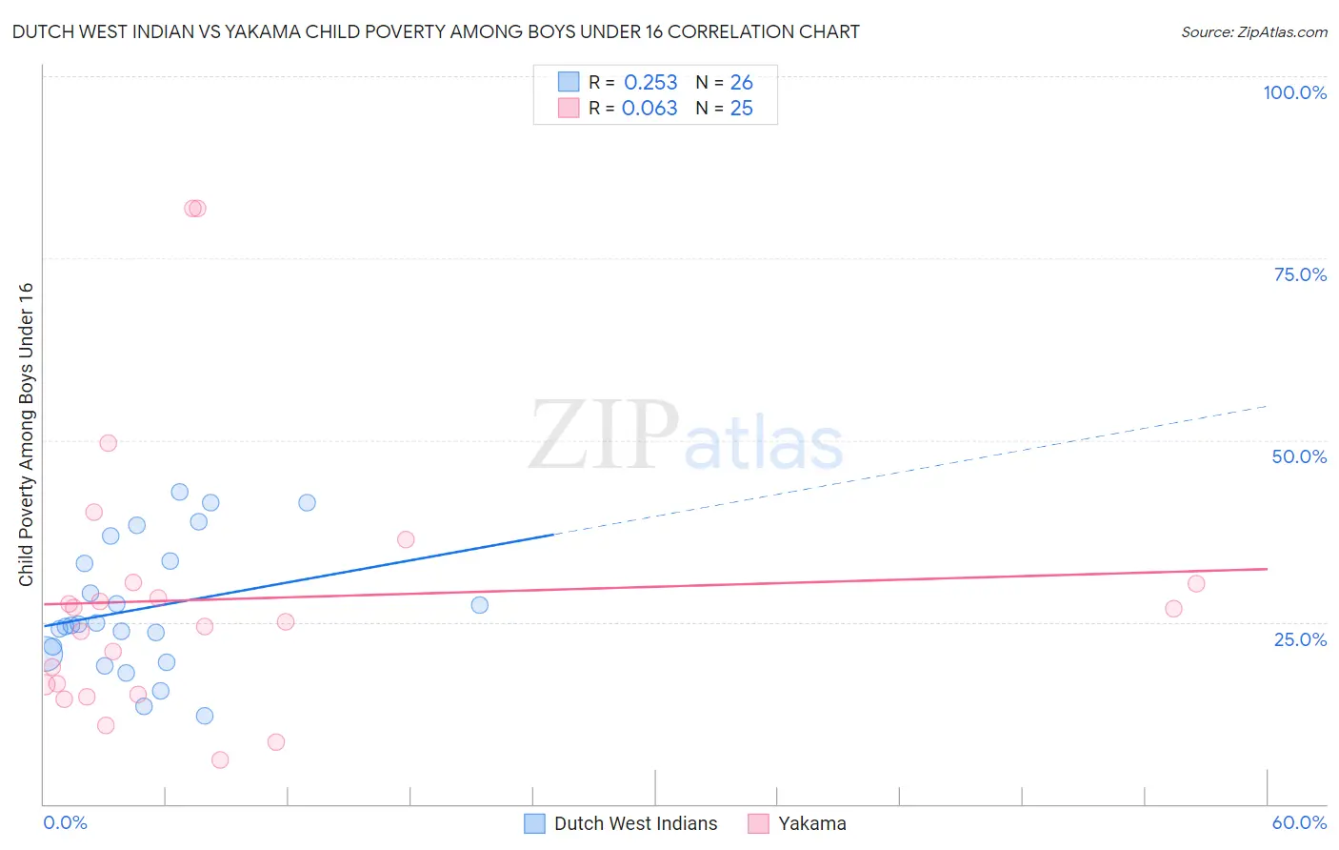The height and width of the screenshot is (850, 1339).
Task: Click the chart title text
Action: (435, 32)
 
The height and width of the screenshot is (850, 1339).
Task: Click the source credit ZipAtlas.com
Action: (1253, 32)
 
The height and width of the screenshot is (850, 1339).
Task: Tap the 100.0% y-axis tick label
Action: (1294, 92)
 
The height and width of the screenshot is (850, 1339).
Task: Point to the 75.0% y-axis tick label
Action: (1300, 274)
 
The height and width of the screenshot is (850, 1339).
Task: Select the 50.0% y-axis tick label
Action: (1299, 456)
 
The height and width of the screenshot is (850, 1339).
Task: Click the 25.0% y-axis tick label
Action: (1300, 638)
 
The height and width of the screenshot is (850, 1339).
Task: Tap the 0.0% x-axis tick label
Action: (65, 822)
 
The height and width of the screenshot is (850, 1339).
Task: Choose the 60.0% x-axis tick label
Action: (1299, 822)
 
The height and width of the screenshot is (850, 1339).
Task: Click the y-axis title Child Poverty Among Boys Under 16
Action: (26, 435)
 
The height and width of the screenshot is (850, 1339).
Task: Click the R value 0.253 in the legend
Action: (650, 83)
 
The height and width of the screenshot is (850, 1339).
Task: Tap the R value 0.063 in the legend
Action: (650, 109)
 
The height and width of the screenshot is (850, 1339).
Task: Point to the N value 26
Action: (741, 83)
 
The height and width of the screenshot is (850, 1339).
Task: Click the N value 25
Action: (741, 109)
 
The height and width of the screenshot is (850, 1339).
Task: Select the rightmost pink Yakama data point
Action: (1196, 584)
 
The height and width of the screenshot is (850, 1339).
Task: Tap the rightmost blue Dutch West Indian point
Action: (479, 605)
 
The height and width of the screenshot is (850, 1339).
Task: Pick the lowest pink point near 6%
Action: (220, 759)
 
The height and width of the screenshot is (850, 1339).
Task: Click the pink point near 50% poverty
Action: (109, 443)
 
